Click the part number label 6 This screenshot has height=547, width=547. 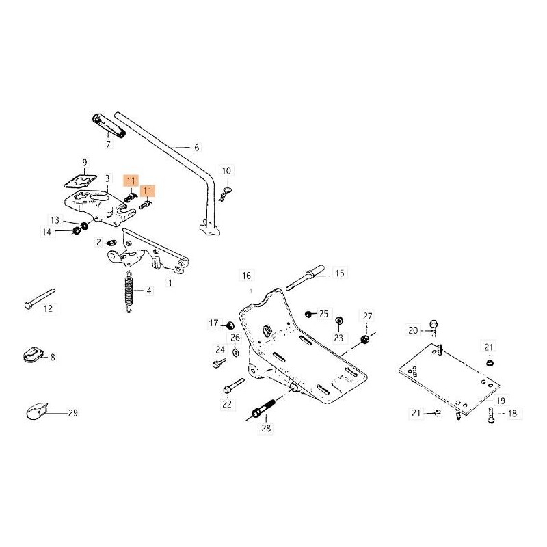pyautogui.click(x=196, y=147)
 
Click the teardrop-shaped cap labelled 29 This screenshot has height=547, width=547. pyautogui.click(x=35, y=412)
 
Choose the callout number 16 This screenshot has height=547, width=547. pyautogui.click(x=246, y=276)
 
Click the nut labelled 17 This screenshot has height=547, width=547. pyautogui.click(x=230, y=323)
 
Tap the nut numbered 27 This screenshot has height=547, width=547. pyautogui.click(x=364, y=338)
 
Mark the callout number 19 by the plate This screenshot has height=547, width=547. pyautogui.click(x=501, y=401)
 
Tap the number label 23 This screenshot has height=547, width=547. pyautogui.click(x=338, y=338)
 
